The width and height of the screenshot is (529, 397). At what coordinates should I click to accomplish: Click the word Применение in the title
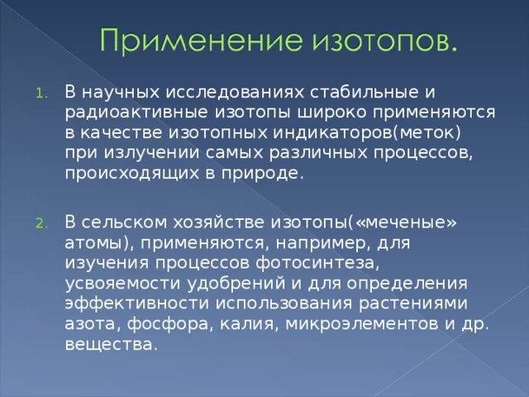click(201, 40)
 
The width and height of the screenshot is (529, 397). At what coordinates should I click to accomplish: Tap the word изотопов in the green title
click(380, 41)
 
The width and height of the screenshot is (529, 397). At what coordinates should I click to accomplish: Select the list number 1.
click(41, 93)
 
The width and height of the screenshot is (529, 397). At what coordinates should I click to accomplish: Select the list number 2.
click(41, 224)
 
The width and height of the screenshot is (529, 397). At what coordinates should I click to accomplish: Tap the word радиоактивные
click(136, 112)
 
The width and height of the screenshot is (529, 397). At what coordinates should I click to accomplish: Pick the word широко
click(331, 112)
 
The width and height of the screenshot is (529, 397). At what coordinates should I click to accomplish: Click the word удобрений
click(236, 283)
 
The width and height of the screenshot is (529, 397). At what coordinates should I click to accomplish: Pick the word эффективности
click(137, 303)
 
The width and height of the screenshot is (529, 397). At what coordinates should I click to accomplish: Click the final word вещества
click(111, 344)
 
